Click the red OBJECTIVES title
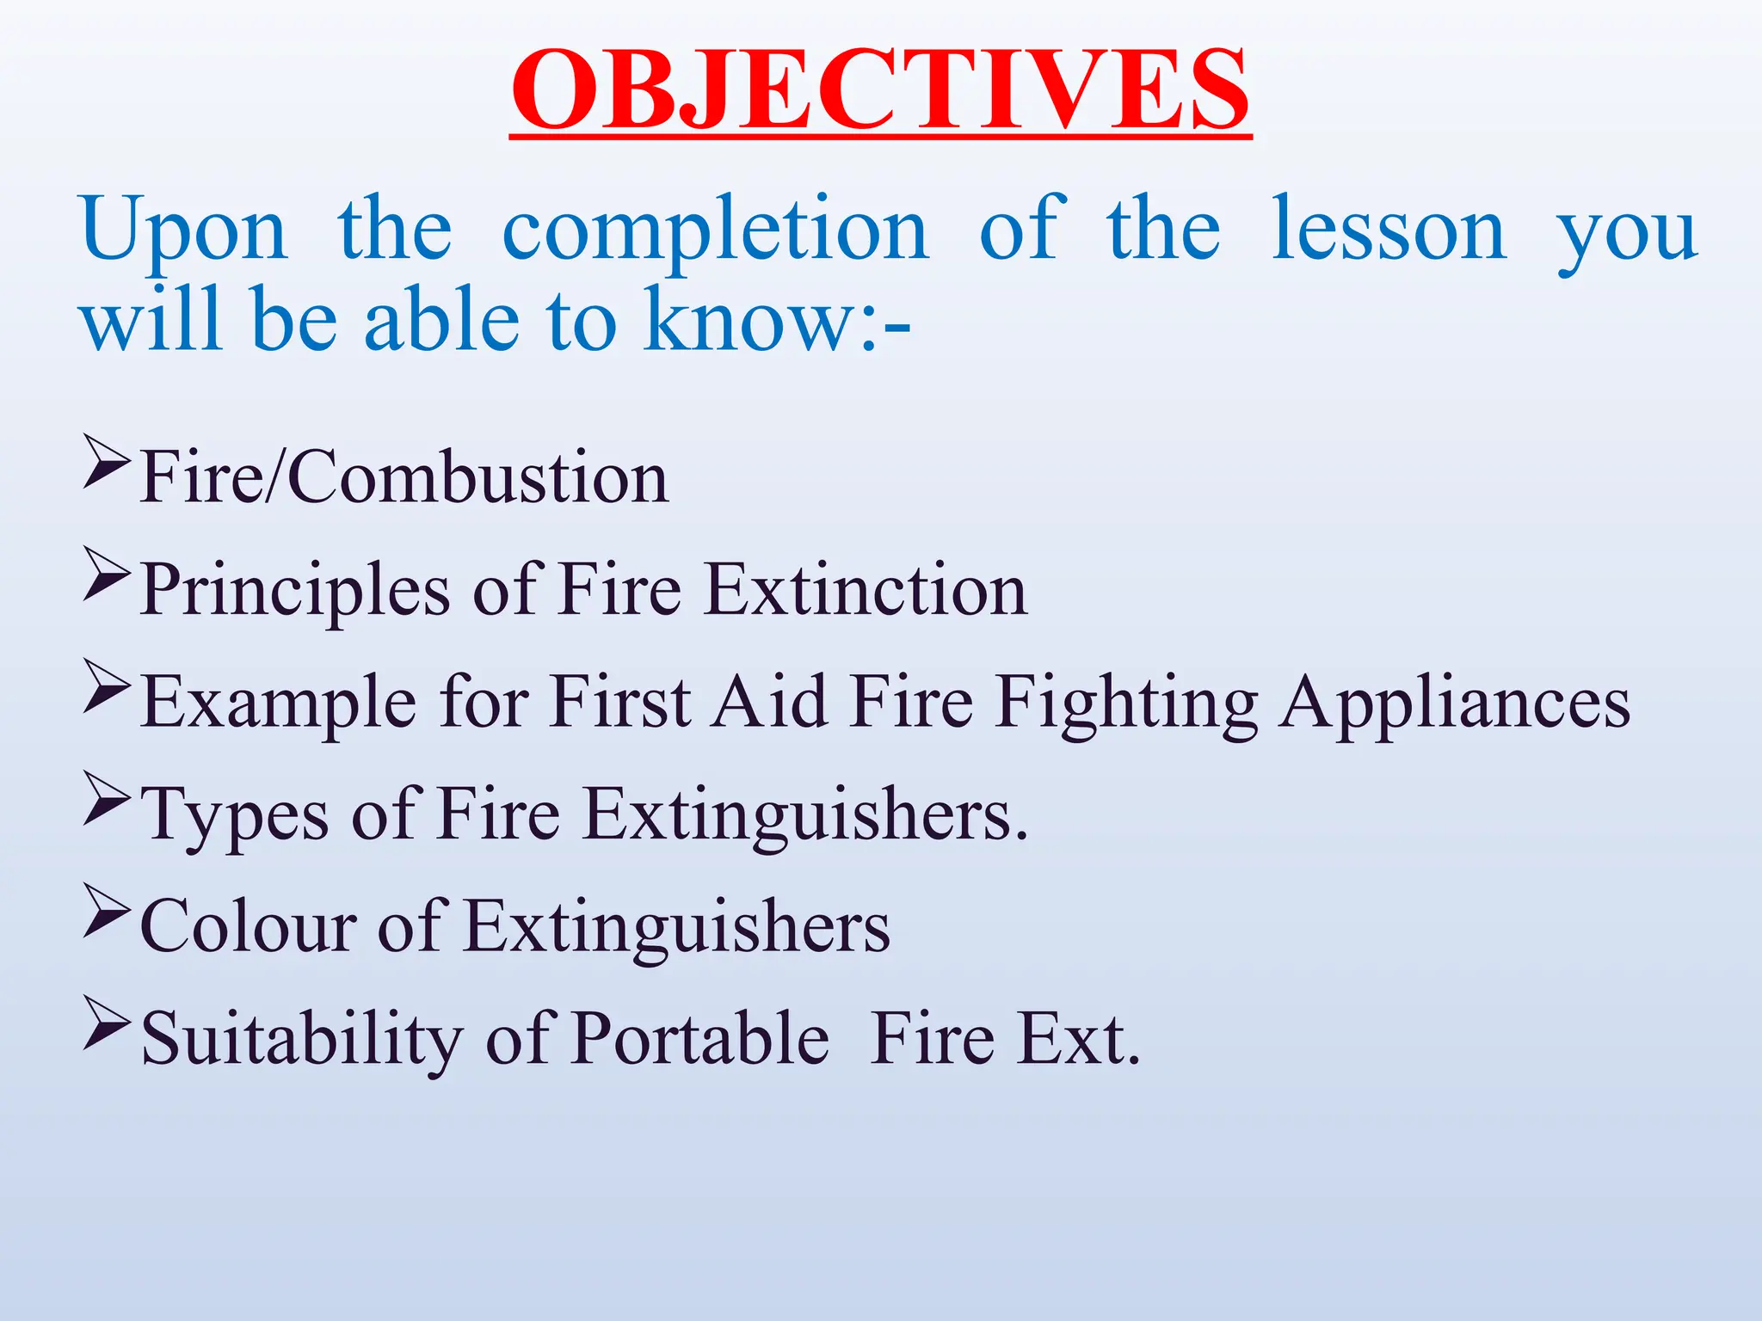(880, 90)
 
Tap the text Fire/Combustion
(404, 477)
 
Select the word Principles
(295, 590)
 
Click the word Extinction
(866, 590)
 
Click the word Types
(234, 815)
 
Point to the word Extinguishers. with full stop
(805, 815)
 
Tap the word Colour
(248, 927)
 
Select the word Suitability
(302, 1039)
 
